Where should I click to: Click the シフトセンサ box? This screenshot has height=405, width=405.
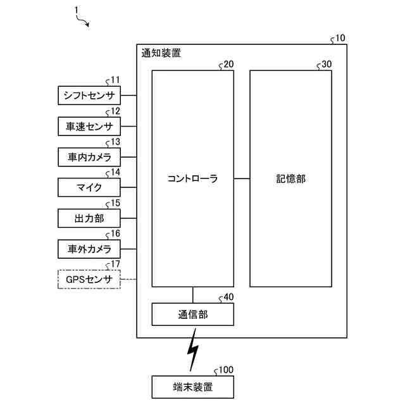(89, 96)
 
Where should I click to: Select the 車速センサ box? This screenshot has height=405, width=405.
(89, 127)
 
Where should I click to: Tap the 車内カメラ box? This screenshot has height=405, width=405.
(89, 157)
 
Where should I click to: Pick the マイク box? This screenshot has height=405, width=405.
(89, 187)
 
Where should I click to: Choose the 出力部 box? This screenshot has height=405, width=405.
(89, 218)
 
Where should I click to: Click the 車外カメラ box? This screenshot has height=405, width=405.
(89, 249)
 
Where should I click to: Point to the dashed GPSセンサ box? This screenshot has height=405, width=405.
(89, 279)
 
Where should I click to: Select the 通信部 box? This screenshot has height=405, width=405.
(192, 315)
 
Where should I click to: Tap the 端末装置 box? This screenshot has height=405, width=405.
(192, 386)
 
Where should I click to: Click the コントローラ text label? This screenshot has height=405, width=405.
(192, 179)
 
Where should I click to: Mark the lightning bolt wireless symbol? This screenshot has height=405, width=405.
(192, 354)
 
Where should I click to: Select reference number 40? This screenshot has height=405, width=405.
(228, 297)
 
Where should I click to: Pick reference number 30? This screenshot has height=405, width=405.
(326, 64)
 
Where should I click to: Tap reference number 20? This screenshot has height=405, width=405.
(228, 64)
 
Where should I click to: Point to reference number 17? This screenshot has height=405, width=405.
(115, 264)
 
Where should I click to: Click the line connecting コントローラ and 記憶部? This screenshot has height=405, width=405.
(242, 179)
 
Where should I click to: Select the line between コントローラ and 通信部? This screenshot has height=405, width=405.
(192, 295)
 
